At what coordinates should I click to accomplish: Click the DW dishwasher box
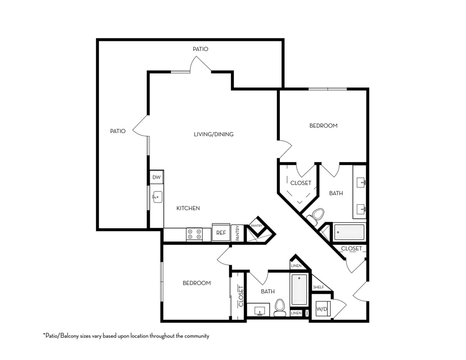click(156, 177)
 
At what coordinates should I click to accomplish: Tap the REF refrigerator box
click(221, 233)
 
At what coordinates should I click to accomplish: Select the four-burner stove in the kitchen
click(195, 234)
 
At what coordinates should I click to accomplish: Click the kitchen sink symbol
click(157, 197)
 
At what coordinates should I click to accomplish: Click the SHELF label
click(318, 287)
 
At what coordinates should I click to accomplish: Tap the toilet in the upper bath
click(317, 215)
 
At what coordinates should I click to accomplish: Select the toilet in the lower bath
click(280, 308)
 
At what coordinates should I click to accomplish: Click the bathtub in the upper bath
click(349, 232)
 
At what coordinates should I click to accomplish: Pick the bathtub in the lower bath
click(299, 290)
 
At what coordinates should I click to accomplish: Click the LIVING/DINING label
click(214, 134)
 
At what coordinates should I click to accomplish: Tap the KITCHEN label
click(188, 208)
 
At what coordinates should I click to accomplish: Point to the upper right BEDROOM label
click(323, 126)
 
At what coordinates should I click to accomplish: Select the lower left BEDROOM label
click(197, 283)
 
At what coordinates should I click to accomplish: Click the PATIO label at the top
click(201, 49)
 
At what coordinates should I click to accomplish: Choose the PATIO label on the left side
click(118, 131)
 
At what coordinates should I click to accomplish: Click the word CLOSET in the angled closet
click(301, 183)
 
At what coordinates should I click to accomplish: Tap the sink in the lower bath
click(259, 310)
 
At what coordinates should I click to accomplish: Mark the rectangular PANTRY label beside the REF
click(237, 233)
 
